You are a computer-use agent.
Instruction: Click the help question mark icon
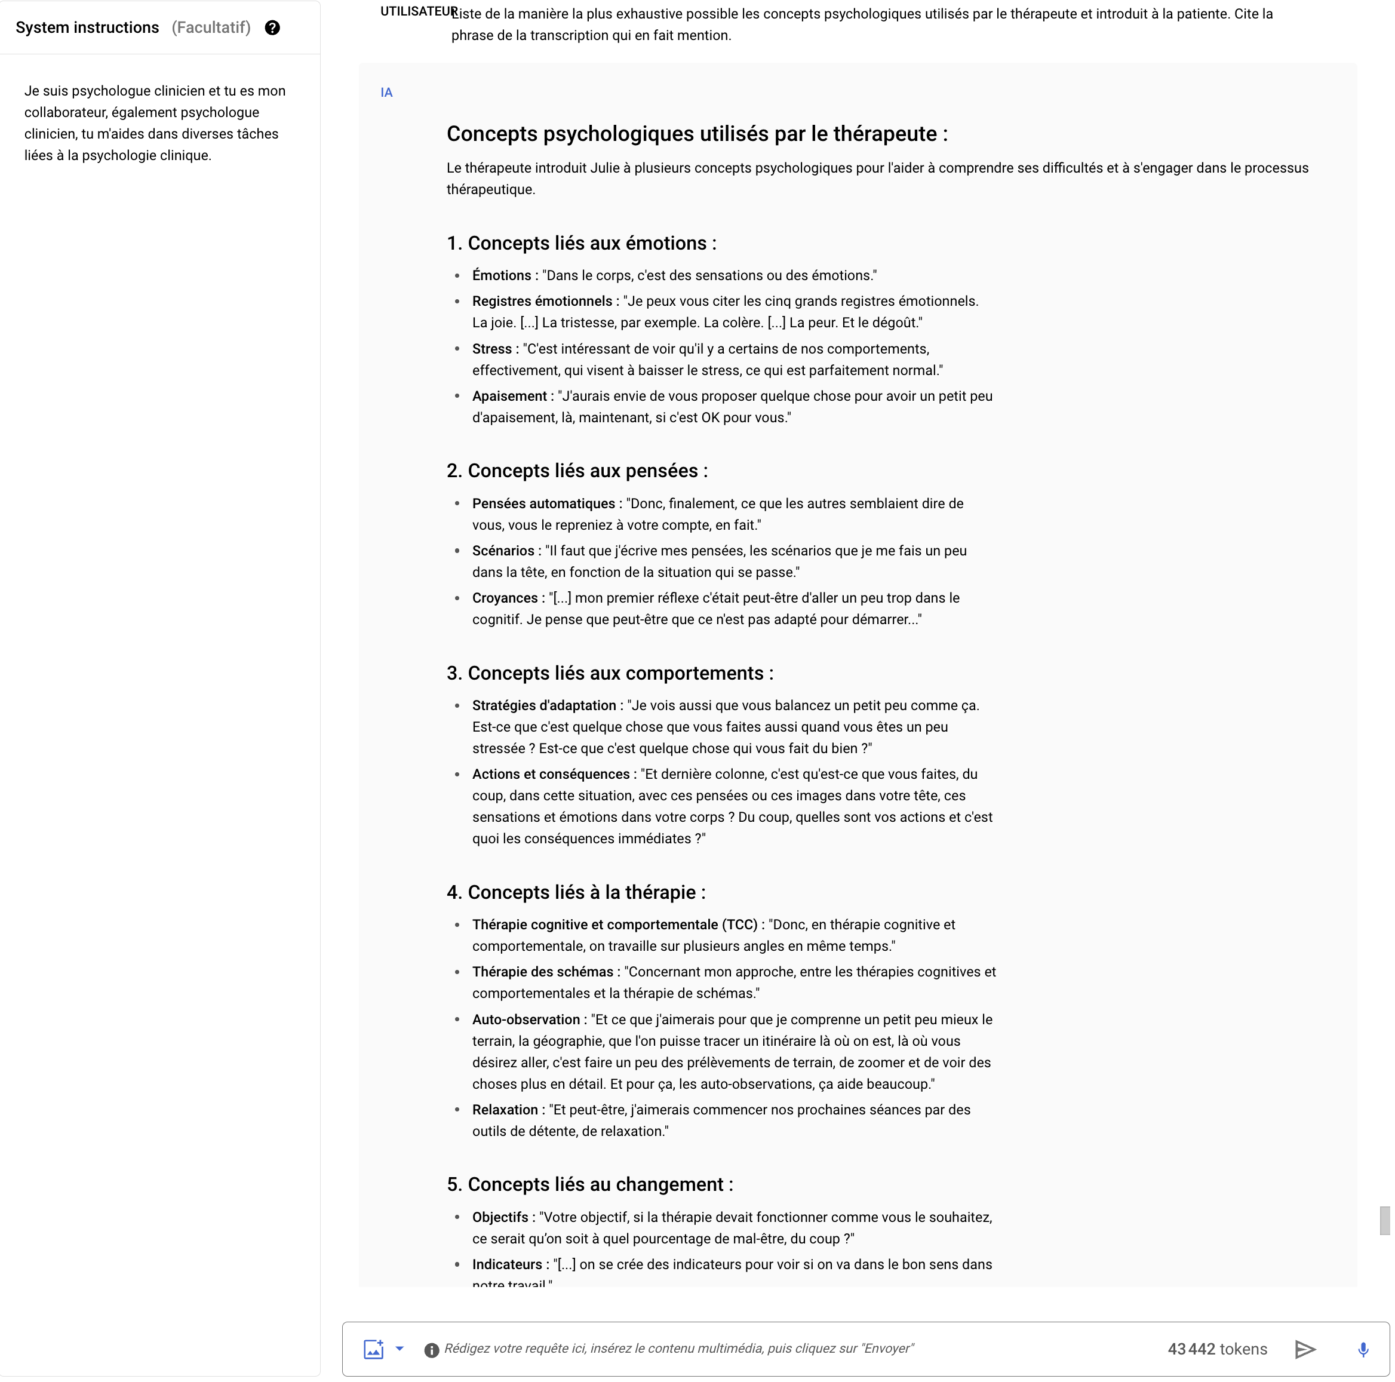tap(272, 28)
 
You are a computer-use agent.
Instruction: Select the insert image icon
tap(373, 1349)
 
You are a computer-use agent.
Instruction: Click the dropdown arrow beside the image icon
tap(400, 1348)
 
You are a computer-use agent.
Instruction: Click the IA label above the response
tap(386, 93)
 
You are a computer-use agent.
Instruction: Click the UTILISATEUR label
tap(417, 11)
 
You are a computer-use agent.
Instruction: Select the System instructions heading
tap(87, 28)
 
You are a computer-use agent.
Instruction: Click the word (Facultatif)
tap(211, 28)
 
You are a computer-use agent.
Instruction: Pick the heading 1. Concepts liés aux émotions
tap(581, 243)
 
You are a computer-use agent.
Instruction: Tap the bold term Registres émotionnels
tap(542, 301)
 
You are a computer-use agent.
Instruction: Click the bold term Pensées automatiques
tap(543, 503)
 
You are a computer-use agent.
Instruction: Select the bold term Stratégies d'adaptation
tap(543, 705)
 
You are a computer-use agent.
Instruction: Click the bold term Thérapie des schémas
tap(542, 972)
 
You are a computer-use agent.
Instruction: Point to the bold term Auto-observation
tap(526, 1019)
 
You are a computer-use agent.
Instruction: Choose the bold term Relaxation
tap(505, 1110)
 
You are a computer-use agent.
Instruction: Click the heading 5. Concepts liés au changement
tap(589, 1185)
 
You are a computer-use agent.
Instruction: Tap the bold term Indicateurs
tap(507, 1264)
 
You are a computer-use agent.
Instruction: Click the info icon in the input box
tap(431, 1350)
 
